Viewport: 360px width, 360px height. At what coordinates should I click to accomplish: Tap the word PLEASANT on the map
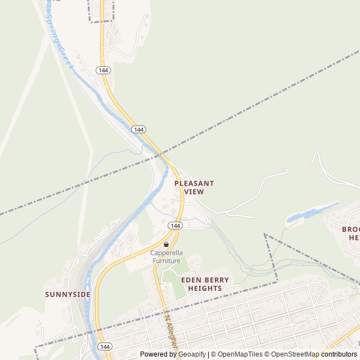tap(194, 183)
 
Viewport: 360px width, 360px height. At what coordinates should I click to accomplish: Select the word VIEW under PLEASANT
tap(194, 192)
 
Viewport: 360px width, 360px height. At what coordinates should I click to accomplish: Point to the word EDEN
tap(191, 280)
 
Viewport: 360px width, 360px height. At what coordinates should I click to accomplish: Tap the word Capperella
tap(166, 253)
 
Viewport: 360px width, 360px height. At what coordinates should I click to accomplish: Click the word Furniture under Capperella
tap(166, 260)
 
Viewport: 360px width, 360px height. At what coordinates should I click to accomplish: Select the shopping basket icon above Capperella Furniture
tap(166, 245)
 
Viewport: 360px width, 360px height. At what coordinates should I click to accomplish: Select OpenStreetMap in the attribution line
tap(295, 354)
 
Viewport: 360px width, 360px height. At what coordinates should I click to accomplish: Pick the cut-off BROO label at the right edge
tap(350, 229)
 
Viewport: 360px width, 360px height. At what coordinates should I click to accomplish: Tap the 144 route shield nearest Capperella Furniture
tap(175, 226)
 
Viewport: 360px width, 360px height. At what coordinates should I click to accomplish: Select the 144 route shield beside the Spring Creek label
tap(102, 70)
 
